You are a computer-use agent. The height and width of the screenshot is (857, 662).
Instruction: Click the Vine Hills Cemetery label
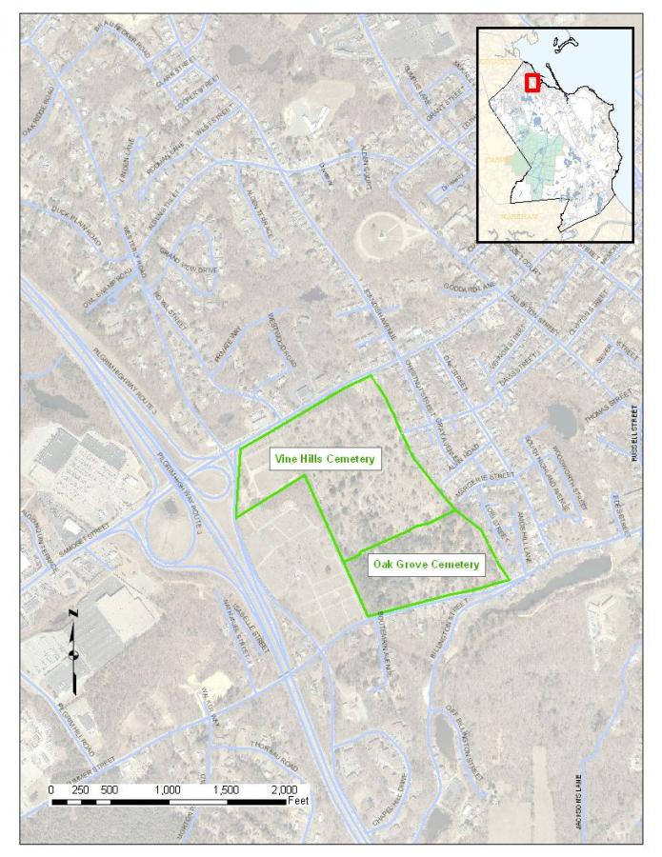(x=323, y=459)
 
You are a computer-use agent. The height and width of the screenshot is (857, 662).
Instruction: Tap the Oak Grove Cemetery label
(x=425, y=565)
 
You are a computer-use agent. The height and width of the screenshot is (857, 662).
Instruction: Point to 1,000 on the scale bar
(x=169, y=790)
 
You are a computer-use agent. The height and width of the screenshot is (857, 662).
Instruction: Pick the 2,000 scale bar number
(x=284, y=790)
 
